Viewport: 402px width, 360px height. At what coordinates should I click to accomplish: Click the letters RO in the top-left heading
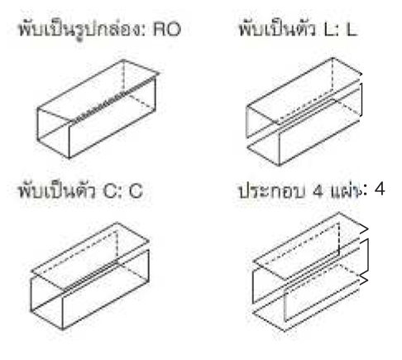[167, 29]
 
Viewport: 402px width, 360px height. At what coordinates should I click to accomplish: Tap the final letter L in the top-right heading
[352, 29]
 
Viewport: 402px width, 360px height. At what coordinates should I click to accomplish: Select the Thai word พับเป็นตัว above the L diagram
[276, 29]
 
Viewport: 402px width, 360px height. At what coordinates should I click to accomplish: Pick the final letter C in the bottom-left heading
[136, 190]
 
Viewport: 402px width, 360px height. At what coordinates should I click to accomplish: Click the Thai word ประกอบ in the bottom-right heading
[271, 191]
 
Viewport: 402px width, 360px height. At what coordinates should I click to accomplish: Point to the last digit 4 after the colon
[380, 190]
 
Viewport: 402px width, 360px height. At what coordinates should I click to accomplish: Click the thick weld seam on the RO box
[114, 99]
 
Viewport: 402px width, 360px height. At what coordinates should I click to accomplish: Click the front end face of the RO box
[53, 133]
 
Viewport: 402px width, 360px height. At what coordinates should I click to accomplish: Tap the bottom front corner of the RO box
[69, 158]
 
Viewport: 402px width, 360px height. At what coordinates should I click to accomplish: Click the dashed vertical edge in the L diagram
[333, 74]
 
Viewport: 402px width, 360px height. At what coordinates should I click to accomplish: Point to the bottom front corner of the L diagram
[279, 166]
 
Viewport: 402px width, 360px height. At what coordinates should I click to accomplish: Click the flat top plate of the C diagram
[90, 257]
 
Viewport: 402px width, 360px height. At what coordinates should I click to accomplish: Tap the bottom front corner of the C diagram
[63, 329]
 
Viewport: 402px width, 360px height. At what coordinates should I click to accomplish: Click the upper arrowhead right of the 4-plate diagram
[364, 229]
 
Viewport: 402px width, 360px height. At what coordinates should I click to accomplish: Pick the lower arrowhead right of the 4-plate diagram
[364, 280]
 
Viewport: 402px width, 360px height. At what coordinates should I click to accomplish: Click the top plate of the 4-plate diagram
[309, 247]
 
